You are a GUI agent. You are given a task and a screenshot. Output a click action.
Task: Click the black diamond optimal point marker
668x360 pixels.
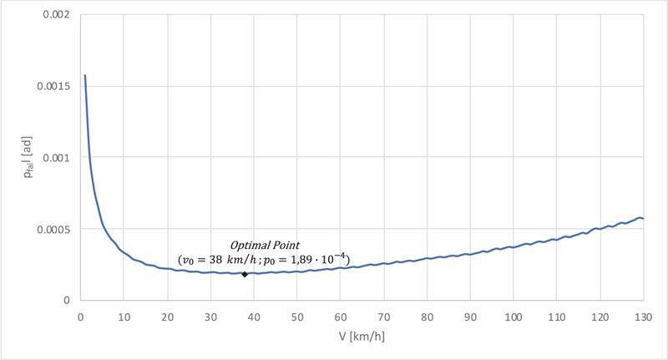245,273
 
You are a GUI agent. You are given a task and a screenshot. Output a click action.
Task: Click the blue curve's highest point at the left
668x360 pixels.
84,75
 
